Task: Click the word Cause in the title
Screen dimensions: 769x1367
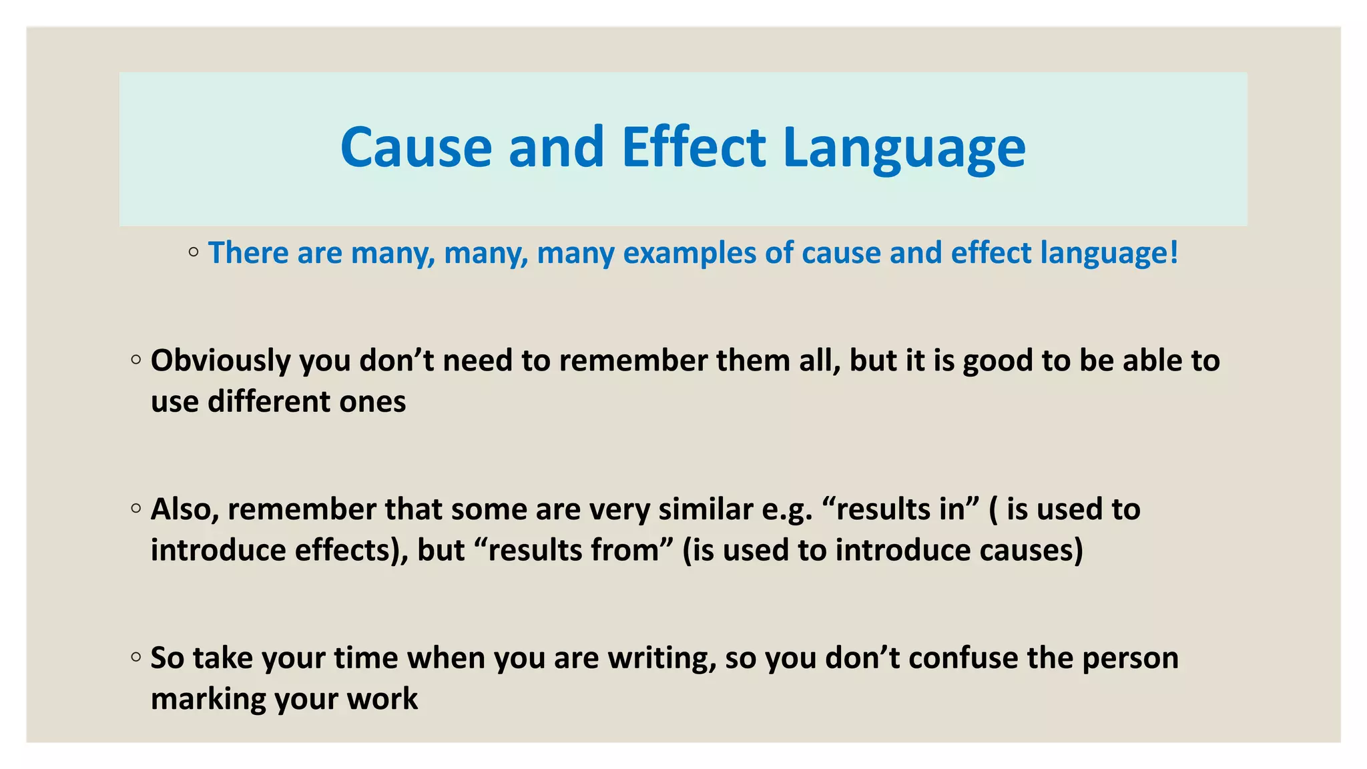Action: [416, 148]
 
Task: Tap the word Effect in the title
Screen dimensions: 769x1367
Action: [694, 148]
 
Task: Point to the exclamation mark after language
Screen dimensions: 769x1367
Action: [1174, 253]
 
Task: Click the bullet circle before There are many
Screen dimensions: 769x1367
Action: [194, 252]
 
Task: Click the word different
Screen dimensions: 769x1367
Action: [269, 402]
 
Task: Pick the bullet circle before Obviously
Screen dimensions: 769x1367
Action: [136, 360]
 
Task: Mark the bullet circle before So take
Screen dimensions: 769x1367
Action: [136, 657]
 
